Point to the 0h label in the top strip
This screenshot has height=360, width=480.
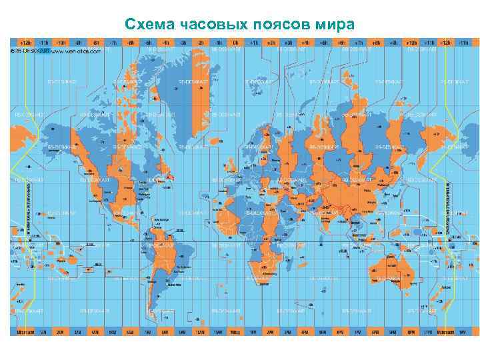click(x=235, y=41)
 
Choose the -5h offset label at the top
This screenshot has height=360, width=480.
click(x=148, y=41)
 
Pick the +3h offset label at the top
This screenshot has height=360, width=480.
click(x=287, y=41)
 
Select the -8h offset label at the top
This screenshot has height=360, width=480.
click(x=95, y=41)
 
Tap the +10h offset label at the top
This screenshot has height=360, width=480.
click(x=412, y=41)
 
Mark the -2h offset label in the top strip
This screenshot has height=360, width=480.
click(x=200, y=41)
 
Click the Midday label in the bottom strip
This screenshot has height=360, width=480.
click(x=235, y=331)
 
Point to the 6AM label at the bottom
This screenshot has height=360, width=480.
click(x=130, y=331)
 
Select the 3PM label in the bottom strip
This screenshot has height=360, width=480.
click(x=287, y=331)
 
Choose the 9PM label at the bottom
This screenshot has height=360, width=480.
click(x=392, y=331)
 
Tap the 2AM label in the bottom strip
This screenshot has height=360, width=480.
click(x=60, y=331)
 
